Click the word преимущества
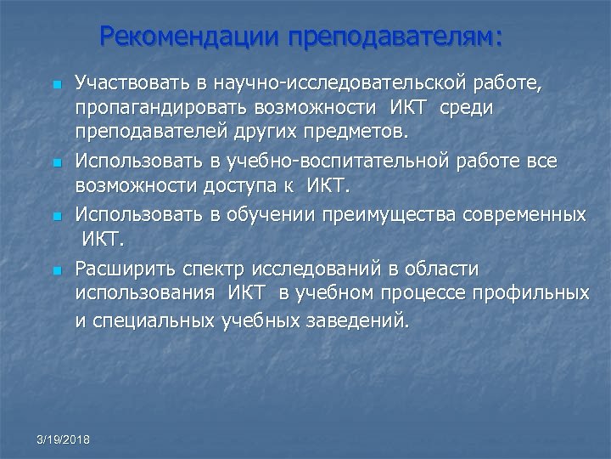pos(381,214)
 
